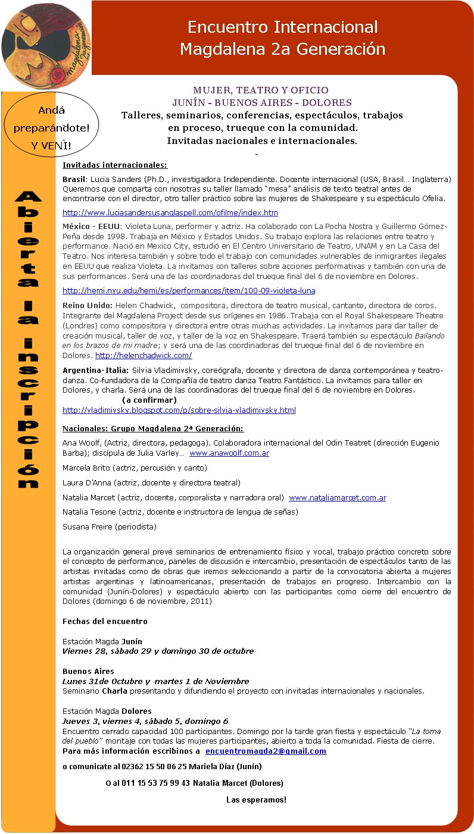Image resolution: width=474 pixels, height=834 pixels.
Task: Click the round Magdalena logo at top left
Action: click(46, 45)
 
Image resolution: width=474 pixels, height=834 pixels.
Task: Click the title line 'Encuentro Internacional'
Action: click(282, 27)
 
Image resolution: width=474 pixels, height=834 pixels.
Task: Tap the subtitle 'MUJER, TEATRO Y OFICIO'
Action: click(261, 90)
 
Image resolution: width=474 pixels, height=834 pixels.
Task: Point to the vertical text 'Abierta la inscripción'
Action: click(28, 339)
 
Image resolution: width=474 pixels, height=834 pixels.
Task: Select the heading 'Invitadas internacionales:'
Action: click(115, 165)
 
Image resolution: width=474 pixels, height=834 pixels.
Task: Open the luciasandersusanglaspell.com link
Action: click(170, 212)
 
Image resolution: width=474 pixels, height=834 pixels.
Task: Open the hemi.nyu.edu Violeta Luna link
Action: click(189, 291)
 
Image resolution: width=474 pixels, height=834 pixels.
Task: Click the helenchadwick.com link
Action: click(143, 356)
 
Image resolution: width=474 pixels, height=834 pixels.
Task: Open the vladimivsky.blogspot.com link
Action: click(179, 410)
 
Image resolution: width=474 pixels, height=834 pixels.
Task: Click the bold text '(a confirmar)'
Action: click(149, 400)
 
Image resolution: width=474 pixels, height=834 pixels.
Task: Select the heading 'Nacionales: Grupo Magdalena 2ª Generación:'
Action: click(153, 429)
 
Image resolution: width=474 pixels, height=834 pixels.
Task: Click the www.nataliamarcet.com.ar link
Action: click(337, 498)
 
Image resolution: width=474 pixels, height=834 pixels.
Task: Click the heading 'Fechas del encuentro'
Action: click(105, 621)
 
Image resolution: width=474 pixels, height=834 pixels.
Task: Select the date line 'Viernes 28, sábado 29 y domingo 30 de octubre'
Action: click(158, 651)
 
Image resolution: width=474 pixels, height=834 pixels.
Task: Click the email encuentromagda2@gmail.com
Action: click(266, 751)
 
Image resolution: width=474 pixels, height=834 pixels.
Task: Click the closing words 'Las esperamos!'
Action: click(256, 799)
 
